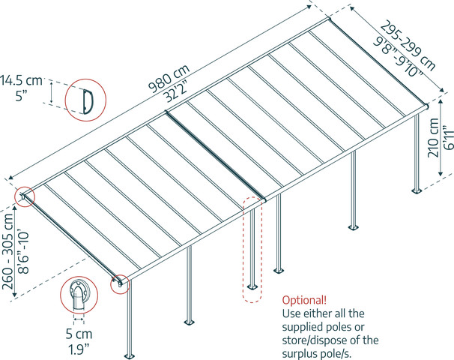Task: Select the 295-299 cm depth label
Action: (x=408, y=46)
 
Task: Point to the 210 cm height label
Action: (x=433, y=138)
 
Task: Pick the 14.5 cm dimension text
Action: (x=21, y=80)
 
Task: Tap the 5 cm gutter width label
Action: (x=79, y=334)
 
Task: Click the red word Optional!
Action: (x=304, y=300)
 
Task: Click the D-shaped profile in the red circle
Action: (x=88, y=101)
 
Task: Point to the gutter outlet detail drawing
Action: (x=79, y=295)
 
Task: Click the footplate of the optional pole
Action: (x=252, y=286)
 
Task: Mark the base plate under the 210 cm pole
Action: (x=417, y=191)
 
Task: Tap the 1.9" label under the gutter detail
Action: (x=79, y=349)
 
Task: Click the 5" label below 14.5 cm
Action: (x=22, y=95)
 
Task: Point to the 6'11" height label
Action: (x=448, y=137)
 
